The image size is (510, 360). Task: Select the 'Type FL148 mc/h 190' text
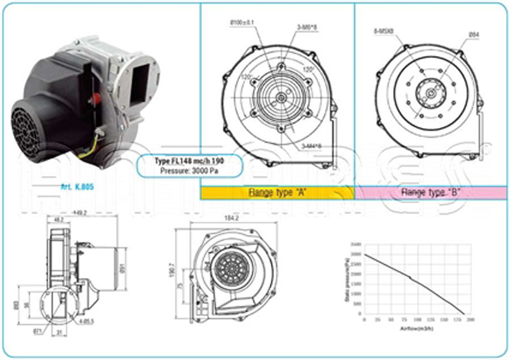(189, 161)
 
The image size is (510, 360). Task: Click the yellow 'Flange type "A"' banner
(277, 192)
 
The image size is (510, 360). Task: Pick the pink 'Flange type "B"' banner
(431, 192)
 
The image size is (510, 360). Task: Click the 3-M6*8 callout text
(307, 27)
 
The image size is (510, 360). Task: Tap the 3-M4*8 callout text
(311, 145)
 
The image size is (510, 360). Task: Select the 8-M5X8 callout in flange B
(383, 31)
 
